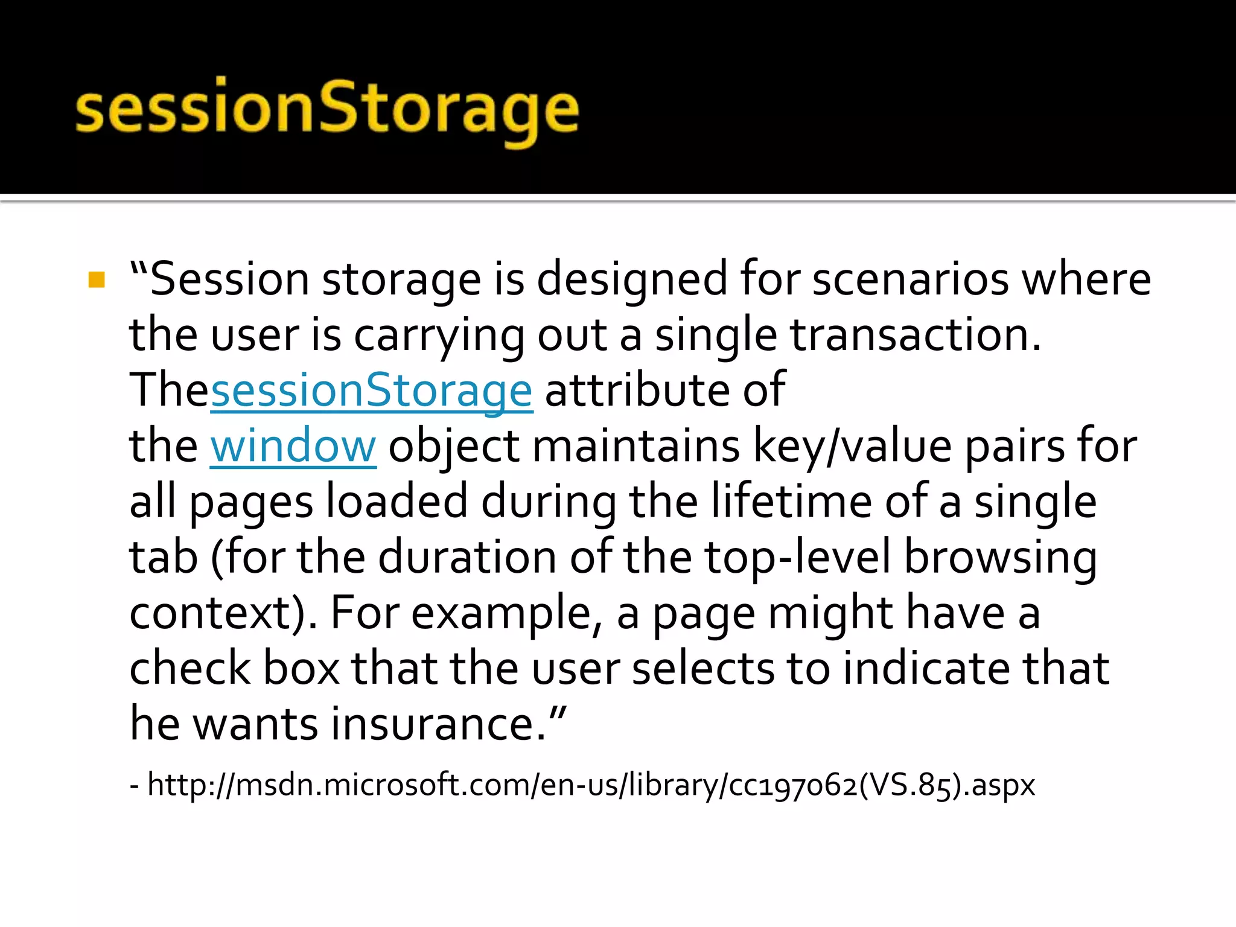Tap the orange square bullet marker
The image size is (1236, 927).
[x=97, y=280]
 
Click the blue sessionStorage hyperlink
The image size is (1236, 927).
[x=371, y=390]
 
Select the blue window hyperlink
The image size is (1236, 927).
[x=293, y=447]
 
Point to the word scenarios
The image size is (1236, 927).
[x=910, y=279]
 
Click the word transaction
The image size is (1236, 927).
[x=916, y=335]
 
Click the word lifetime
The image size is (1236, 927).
[x=791, y=502]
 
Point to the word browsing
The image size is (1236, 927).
[x=1000, y=558]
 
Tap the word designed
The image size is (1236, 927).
[x=632, y=279]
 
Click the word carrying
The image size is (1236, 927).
[x=439, y=336]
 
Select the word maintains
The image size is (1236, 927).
[x=636, y=447]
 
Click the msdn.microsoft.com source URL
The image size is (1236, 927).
[x=591, y=785]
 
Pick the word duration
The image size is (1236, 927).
[x=467, y=557]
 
